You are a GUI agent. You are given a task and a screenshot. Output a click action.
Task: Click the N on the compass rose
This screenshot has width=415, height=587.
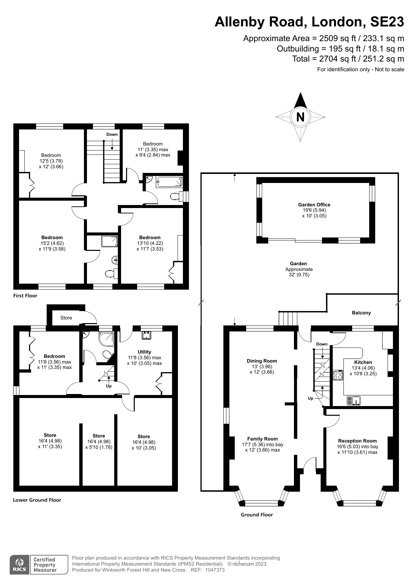(x=300, y=117)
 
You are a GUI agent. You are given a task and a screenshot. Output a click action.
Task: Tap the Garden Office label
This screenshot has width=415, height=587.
(x=314, y=205)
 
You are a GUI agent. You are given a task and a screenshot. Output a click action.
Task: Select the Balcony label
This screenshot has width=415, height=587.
(x=361, y=313)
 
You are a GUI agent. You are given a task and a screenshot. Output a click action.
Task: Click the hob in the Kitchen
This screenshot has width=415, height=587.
(x=338, y=375)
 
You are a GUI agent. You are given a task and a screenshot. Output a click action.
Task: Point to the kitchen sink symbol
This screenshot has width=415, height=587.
(x=353, y=400)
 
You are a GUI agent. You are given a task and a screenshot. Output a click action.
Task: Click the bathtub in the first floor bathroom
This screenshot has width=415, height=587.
(x=170, y=182)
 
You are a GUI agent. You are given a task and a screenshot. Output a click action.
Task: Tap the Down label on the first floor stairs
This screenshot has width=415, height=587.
(x=112, y=134)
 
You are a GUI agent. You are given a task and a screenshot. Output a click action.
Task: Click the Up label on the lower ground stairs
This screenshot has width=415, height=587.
(x=109, y=386)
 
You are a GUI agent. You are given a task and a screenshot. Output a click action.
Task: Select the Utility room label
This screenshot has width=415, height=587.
(x=144, y=352)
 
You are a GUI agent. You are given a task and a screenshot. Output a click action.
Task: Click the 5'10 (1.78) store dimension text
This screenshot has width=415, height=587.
(x=99, y=447)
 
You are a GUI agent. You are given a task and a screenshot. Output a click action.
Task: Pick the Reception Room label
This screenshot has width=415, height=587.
(x=357, y=441)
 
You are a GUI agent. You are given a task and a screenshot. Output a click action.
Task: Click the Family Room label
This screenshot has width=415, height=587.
(x=263, y=439)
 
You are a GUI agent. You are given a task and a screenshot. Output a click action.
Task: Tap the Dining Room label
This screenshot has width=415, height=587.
(x=262, y=361)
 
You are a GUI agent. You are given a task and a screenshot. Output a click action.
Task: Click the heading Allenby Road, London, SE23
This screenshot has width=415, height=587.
(x=309, y=22)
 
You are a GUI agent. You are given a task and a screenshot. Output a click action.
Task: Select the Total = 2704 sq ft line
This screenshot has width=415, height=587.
(x=348, y=59)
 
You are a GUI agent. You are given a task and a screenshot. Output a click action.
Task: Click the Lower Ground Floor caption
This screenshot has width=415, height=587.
(x=37, y=500)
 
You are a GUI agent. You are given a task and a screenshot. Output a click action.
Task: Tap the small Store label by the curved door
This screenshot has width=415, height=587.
(x=66, y=318)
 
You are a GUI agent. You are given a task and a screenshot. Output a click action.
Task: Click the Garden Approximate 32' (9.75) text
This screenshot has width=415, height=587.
(x=299, y=269)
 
